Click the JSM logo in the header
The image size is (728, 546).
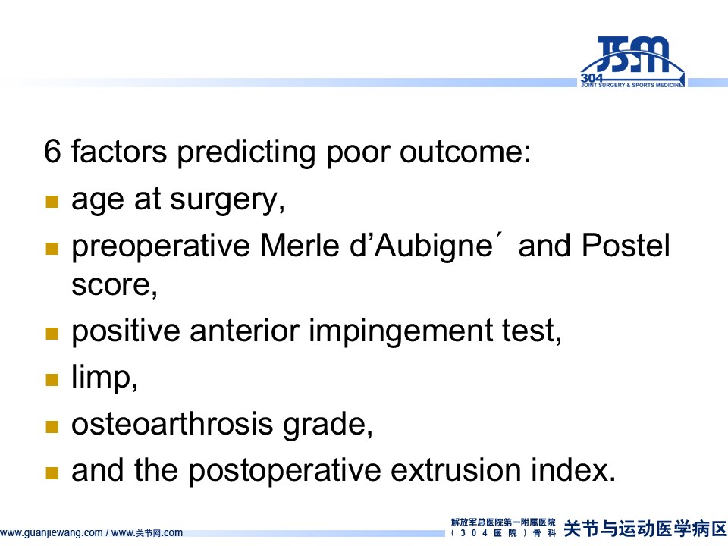(632, 61)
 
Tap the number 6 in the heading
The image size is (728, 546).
(52, 151)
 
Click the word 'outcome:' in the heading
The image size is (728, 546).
(465, 152)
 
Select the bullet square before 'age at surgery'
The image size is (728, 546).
(52, 202)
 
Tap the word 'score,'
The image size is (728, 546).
(115, 285)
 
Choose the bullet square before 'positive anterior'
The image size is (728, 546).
(52, 334)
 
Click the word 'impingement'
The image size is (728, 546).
(400, 332)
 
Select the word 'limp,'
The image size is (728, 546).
(105, 378)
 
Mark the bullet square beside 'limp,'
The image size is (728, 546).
(52, 380)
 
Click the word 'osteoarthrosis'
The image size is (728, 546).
(172, 424)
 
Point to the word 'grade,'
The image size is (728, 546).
(328, 425)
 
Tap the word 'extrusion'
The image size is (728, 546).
(456, 470)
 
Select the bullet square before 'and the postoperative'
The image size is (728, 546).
(52, 473)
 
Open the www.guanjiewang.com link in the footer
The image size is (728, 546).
(51, 532)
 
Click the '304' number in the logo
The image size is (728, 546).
(591, 78)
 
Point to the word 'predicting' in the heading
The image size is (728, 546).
(246, 152)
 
